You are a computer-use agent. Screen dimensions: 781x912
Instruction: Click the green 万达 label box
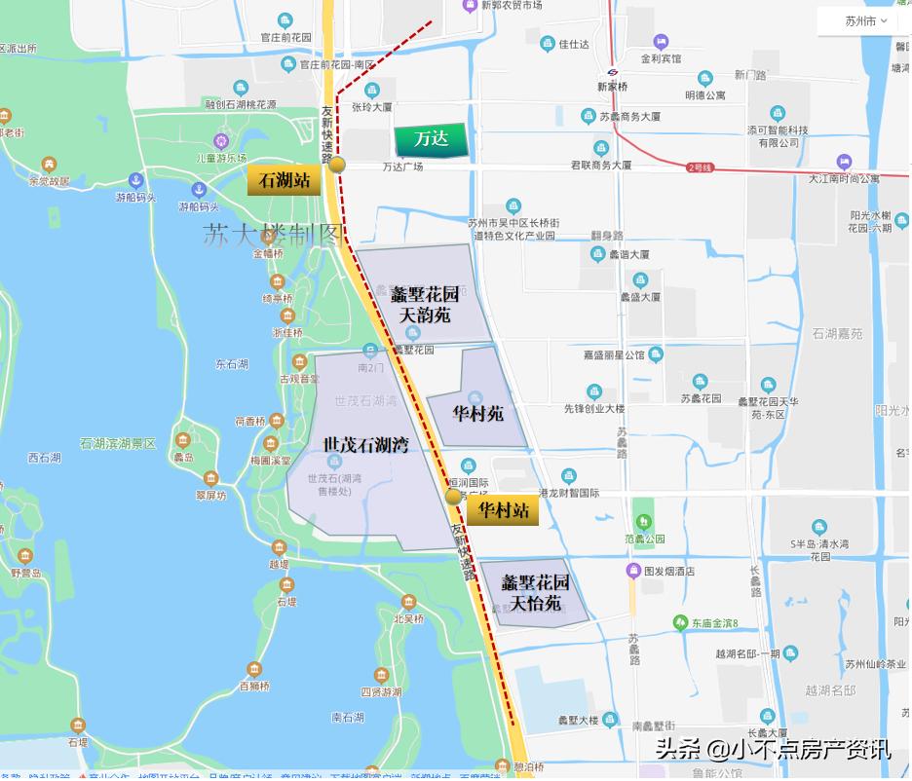pyautogui.click(x=431, y=140)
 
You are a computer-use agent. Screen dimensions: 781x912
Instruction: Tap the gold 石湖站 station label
pyautogui.click(x=284, y=180)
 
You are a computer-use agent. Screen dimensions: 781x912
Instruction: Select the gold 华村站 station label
pyautogui.click(x=502, y=509)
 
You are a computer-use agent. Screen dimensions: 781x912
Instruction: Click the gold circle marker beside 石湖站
pyautogui.click(x=337, y=165)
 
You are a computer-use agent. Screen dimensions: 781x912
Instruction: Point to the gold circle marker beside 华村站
pyautogui.click(x=454, y=497)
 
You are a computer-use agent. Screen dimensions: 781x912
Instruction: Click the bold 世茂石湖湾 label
pyautogui.click(x=365, y=445)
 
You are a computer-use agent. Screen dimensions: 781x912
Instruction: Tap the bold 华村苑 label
pyautogui.click(x=477, y=413)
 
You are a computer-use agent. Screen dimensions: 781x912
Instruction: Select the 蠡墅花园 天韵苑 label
pyautogui.click(x=425, y=304)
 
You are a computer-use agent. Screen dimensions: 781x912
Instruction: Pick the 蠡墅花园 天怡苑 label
pyautogui.click(x=535, y=593)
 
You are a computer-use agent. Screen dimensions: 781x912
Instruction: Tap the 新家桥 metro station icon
pyautogui.click(x=613, y=72)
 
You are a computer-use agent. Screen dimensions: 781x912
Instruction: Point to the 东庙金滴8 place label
pyautogui.click(x=716, y=622)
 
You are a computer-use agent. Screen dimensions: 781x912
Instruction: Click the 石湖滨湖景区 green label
pyautogui.click(x=118, y=443)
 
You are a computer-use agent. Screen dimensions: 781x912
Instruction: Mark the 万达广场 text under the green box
pyautogui.click(x=402, y=167)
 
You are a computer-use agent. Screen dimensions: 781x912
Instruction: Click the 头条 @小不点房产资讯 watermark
pyautogui.click(x=773, y=749)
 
